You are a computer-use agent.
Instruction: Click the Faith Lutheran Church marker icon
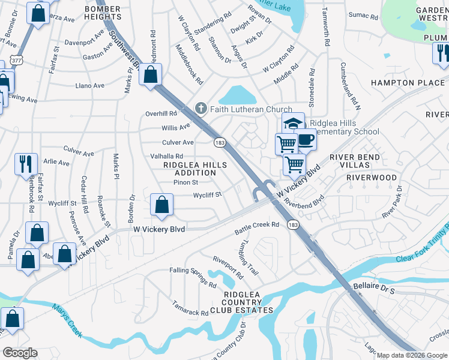pyautogui.click(x=201, y=109)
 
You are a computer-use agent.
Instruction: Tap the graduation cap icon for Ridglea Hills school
pyautogui.click(x=293, y=124)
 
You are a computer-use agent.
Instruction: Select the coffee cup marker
pyautogui.click(x=306, y=139)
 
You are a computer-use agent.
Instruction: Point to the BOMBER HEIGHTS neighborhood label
pyautogui.click(x=103, y=14)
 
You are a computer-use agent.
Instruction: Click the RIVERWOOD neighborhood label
pyautogui.click(x=372, y=178)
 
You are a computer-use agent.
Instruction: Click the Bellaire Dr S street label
pyautogui.click(x=373, y=289)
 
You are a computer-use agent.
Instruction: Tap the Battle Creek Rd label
pyautogui.click(x=257, y=225)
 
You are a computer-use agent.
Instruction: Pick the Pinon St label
pyautogui.click(x=185, y=182)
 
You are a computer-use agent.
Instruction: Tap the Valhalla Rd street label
pyautogui.click(x=166, y=156)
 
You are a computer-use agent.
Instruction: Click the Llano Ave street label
pyautogui.click(x=90, y=86)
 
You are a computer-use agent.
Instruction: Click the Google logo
pyautogui.click(x=20, y=353)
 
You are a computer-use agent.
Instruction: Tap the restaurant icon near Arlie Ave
pyautogui.click(x=26, y=163)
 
